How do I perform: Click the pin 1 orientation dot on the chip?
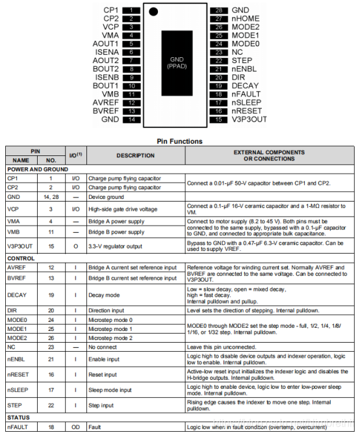coord(153,11)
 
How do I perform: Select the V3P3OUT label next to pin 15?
coord(249,119)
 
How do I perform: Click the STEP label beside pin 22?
coord(242,60)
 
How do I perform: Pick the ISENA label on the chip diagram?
coord(107,51)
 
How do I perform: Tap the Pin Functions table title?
coord(179,140)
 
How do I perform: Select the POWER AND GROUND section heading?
coord(38,169)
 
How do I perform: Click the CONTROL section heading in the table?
coord(21,259)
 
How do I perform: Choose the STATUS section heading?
coord(19,416)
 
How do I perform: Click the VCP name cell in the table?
coord(14,209)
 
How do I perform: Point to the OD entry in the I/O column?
coord(75,427)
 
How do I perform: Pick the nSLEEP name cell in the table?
coord(18,390)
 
